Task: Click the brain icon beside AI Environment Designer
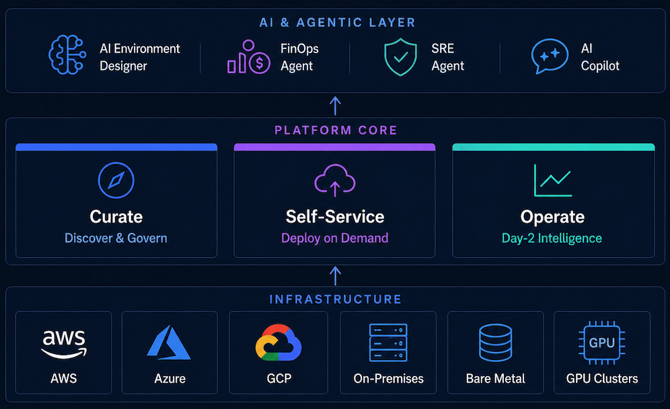point(67,54)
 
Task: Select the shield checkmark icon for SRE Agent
point(400,57)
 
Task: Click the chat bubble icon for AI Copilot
point(550,56)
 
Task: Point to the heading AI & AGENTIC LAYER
point(338,23)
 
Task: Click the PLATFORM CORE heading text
point(336,130)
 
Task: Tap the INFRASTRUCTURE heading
point(336,299)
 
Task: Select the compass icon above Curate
point(116,180)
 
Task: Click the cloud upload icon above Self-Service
point(335,180)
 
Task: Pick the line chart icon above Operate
point(553,180)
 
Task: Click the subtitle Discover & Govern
point(116,238)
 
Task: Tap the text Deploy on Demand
point(334,238)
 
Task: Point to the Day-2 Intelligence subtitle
point(552,238)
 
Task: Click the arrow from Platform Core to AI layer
point(336,106)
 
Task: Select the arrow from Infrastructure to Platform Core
point(336,276)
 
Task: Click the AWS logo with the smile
point(64,344)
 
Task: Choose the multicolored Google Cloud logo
point(278,342)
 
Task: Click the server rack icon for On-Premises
point(388,343)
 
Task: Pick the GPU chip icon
point(601,343)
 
